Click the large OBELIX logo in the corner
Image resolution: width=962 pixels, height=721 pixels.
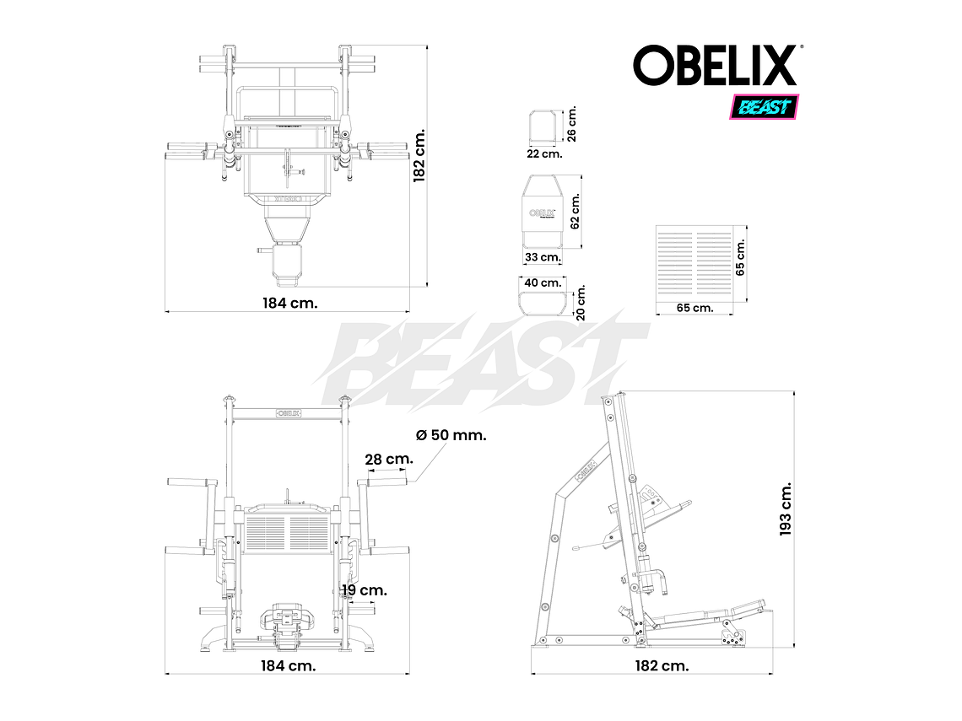716,65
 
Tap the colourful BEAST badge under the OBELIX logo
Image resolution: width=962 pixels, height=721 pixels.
763,107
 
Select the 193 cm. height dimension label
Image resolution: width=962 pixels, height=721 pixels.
786,509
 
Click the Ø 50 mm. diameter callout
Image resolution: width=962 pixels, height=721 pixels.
451,435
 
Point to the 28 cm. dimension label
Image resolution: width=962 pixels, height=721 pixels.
388,460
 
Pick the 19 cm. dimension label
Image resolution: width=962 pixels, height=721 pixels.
364,590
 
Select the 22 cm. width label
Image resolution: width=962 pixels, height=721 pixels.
544,153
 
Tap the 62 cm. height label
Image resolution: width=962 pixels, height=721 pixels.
576,211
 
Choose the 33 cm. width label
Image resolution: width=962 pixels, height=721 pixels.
543,256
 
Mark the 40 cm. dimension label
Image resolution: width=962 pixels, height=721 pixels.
542,283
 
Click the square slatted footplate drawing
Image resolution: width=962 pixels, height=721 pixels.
696,264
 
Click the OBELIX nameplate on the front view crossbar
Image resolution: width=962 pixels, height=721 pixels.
289,413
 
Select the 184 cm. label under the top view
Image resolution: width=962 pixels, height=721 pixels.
289,303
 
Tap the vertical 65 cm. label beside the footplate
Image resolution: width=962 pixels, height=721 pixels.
741,257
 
